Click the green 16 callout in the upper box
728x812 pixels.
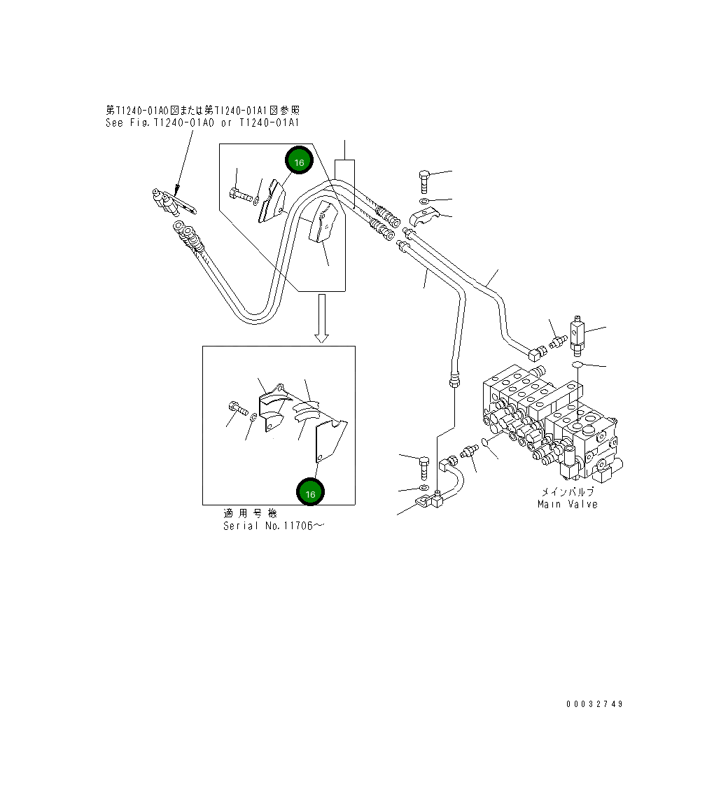coord(299,162)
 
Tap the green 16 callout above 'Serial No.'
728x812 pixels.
coord(310,493)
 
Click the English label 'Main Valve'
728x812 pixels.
coord(567,504)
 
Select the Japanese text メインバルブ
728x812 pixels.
coord(567,492)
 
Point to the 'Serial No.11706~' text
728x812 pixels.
coord(274,526)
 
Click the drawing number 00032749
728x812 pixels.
coord(594,704)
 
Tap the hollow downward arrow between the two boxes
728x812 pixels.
coord(321,318)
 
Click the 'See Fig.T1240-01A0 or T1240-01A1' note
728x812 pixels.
coord(202,122)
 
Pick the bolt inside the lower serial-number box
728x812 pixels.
coord(236,408)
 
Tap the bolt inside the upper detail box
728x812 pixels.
coord(239,195)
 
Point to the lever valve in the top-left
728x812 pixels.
coord(171,202)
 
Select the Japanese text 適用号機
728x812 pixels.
coord(249,514)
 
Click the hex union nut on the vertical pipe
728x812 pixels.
coord(454,380)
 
